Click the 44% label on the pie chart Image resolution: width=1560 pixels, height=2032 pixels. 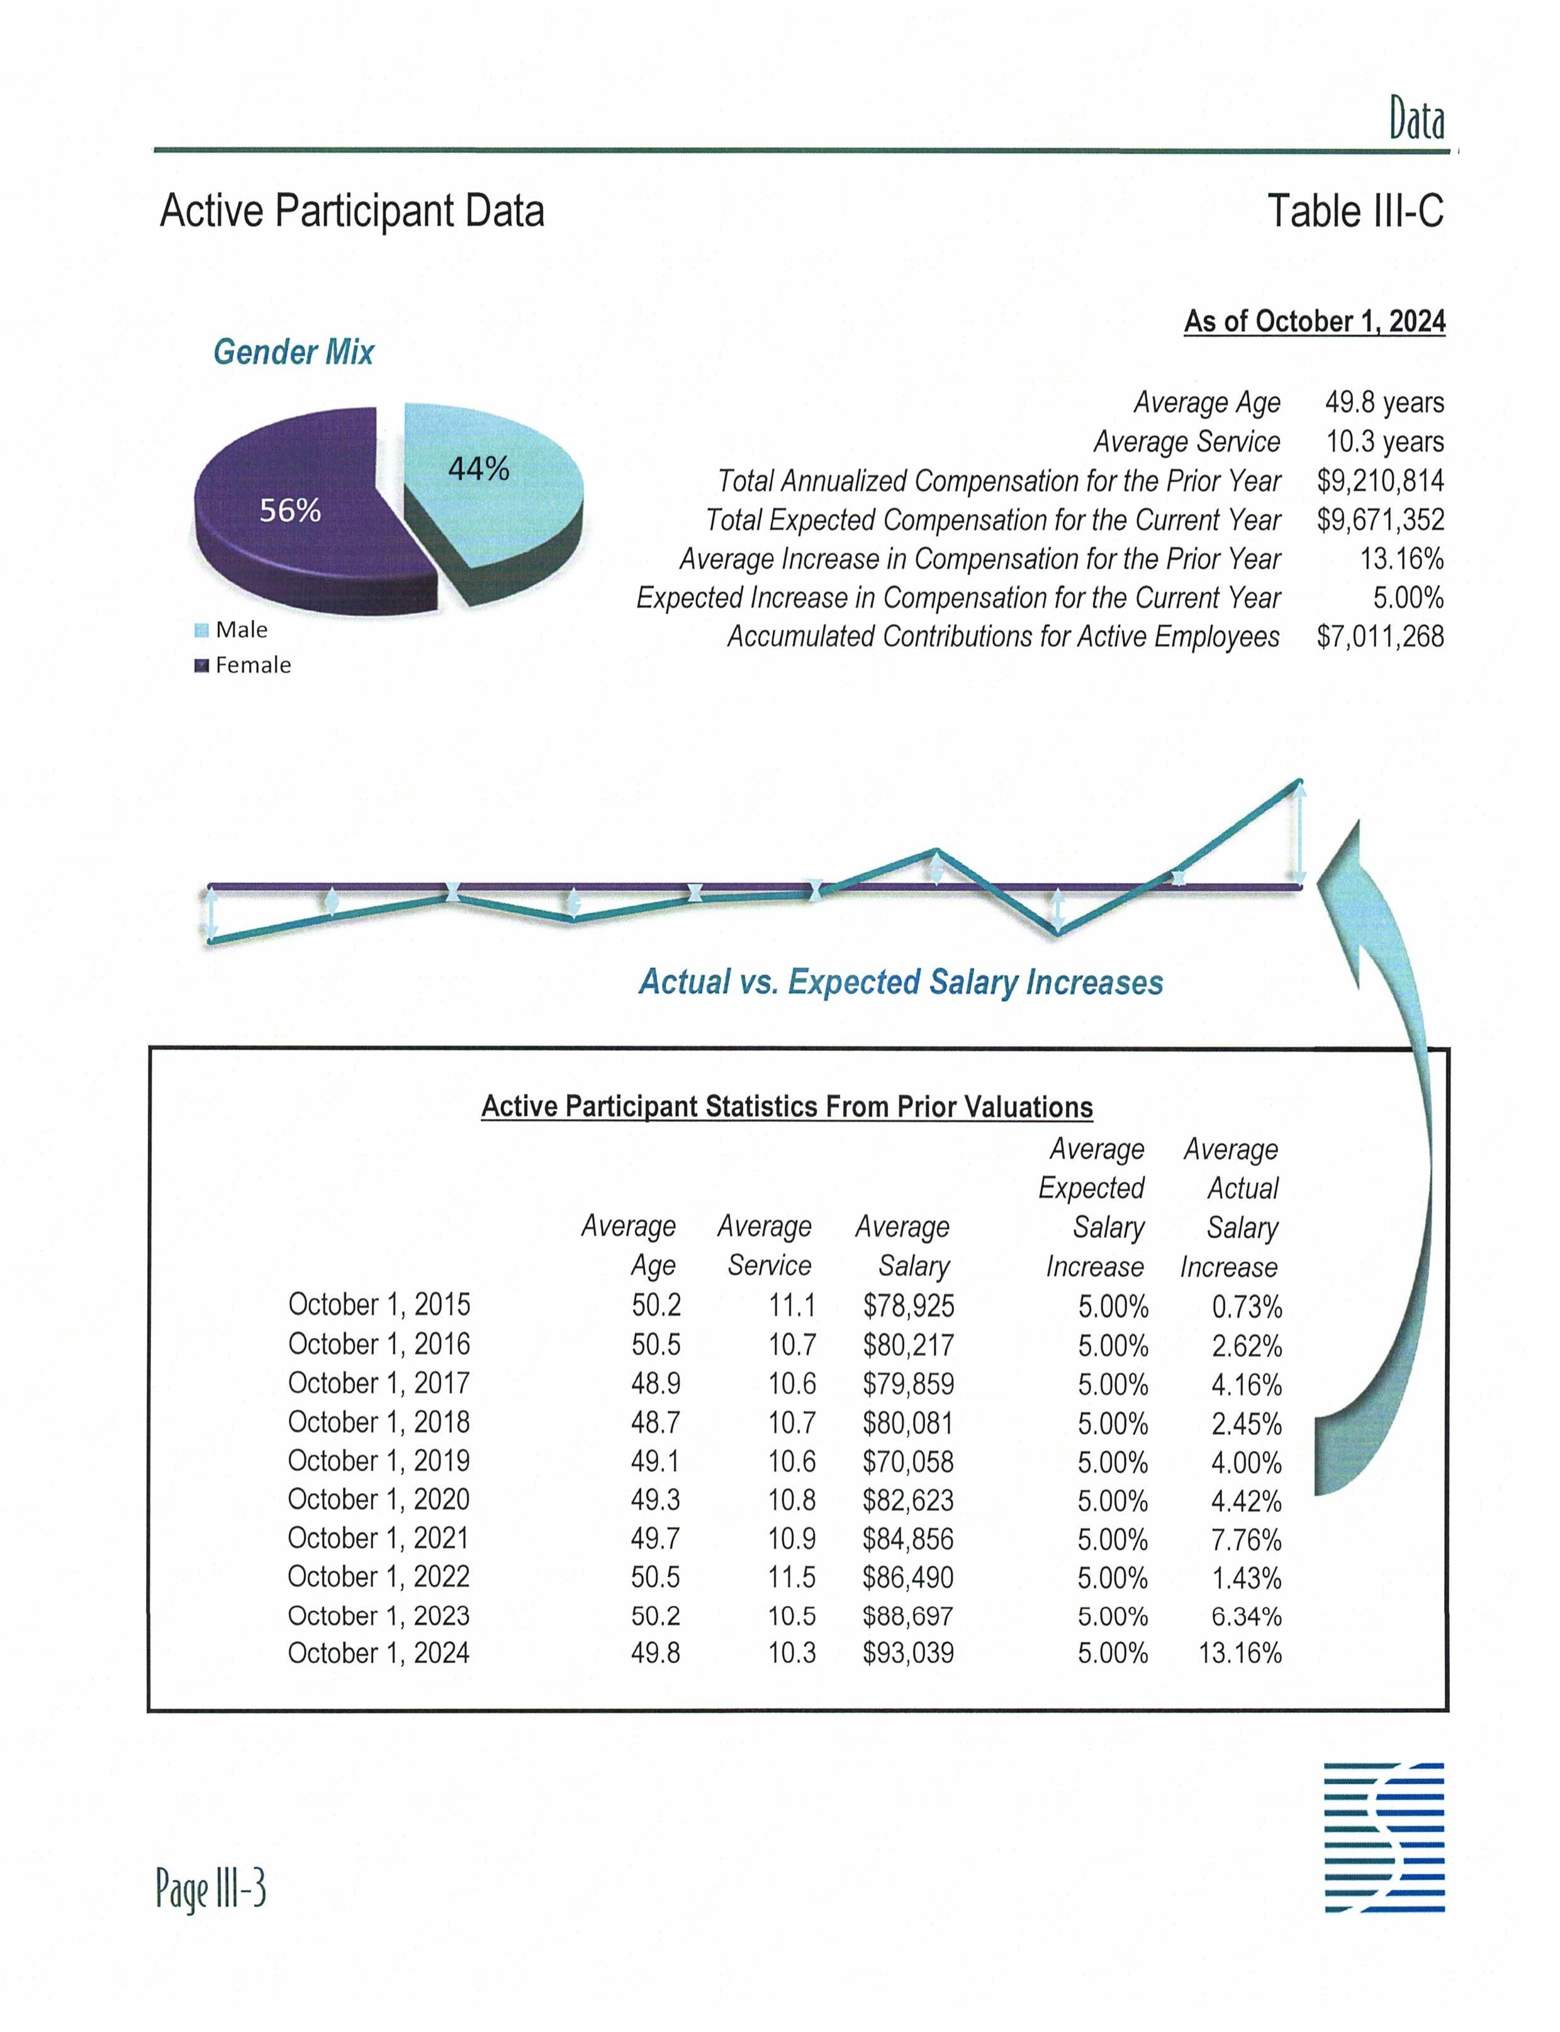pyautogui.click(x=478, y=468)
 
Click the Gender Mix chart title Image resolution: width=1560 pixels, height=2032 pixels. pyautogui.click(x=293, y=352)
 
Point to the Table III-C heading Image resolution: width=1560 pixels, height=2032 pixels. pyautogui.click(x=1355, y=211)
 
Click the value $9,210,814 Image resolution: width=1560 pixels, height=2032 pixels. pyautogui.click(x=1380, y=481)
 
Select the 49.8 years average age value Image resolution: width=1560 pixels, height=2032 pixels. pyautogui.click(x=1384, y=402)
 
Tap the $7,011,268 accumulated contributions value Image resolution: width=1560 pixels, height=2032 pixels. pyautogui.click(x=1380, y=636)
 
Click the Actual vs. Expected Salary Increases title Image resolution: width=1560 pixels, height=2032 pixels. pyautogui.click(x=901, y=982)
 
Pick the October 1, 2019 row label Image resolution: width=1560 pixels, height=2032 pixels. pyautogui.click(x=379, y=1461)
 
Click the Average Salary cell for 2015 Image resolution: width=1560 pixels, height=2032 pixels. pyautogui.click(x=908, y=1306)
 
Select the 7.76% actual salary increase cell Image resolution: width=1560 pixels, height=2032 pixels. pyautogui.click(x=1245, y=1540)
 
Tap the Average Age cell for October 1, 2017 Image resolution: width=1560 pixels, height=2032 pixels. pyautogui.click(x=656, y=1384)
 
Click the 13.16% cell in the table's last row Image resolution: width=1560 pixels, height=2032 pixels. pyautogui.click(x=1240, y=1653)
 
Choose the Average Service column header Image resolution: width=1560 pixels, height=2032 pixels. pyautogui.click(x=765, y=1245)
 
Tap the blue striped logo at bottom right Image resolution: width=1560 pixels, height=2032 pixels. pyautogui.click(x=1384, y=1837)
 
